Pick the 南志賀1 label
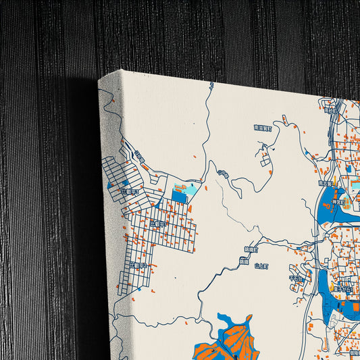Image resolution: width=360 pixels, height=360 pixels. tap(326, 182)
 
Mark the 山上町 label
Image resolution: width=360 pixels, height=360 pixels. tap(261, 266)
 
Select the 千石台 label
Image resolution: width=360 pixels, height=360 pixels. tap(295, 277)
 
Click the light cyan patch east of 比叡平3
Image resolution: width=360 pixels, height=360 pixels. tap(190, 190)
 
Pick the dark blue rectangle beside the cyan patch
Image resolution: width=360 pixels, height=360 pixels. tap(178, 196)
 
